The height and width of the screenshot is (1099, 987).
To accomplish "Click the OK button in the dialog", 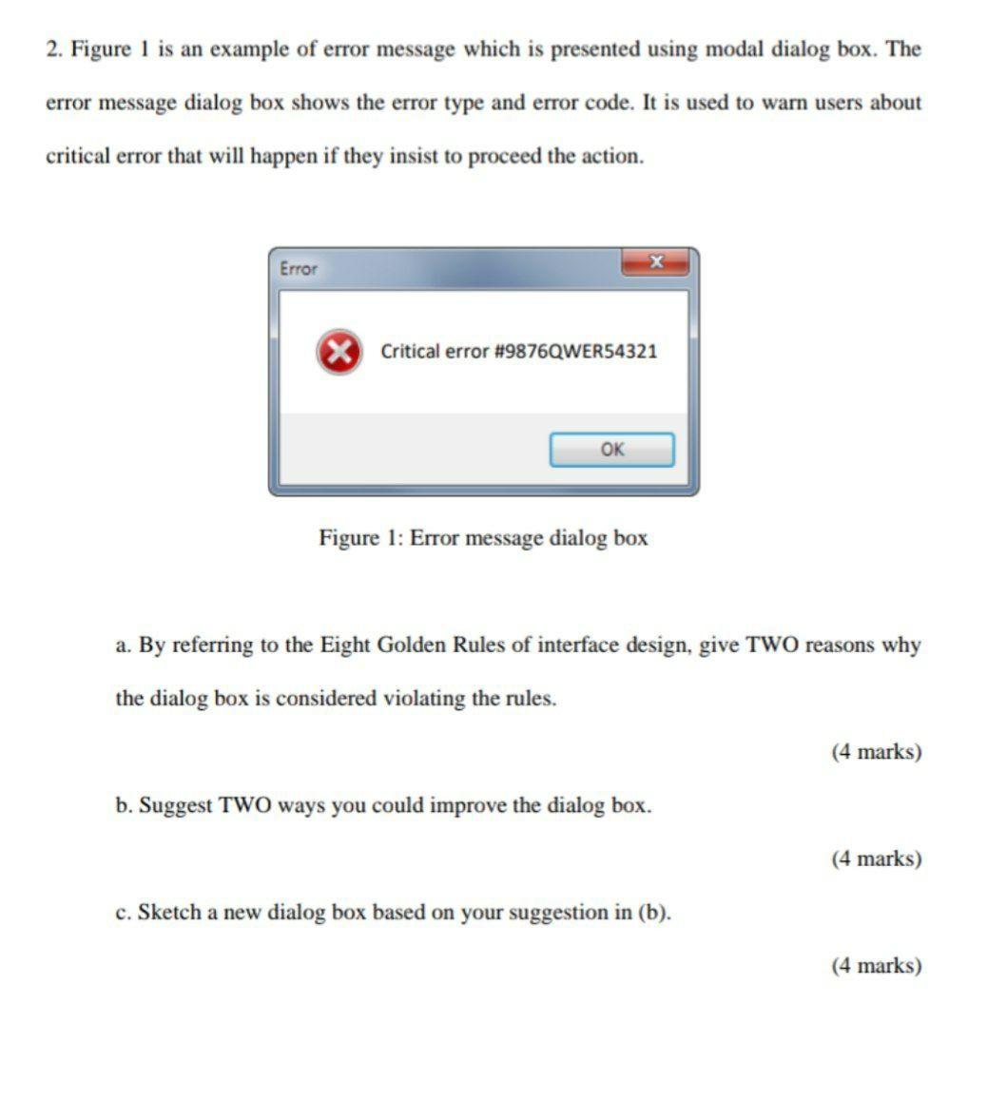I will tap(611, 450).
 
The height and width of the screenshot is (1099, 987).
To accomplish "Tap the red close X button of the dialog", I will tap(654, 261).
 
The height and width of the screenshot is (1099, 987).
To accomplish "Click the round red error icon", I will tap(339, 352).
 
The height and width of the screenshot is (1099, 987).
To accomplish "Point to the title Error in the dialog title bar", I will tap(299, 269).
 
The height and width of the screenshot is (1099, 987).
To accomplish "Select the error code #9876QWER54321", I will tap(576, 352).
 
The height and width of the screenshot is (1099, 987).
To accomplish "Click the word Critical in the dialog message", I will tap(410, 352).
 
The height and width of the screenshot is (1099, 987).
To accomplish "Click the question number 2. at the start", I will tap(54, 49).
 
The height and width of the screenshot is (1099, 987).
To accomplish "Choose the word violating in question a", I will tap(423, 699).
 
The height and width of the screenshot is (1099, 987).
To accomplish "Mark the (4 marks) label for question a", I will tap(876, 752).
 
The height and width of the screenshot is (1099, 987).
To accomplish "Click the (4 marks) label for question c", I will tap(876, 966).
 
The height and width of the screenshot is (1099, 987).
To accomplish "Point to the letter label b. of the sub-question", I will tap(124, 806).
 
